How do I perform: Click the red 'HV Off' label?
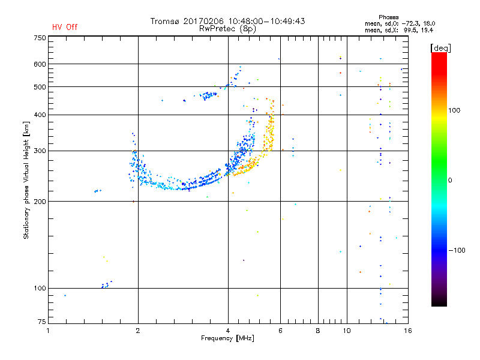[65, 27]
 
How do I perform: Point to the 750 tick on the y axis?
[40, 38]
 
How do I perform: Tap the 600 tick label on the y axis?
[40, 64]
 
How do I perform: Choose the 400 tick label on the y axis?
[40, 115]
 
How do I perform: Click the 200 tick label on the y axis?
[40, 201]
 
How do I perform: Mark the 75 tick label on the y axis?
[41, 323]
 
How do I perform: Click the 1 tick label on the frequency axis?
[49, 331]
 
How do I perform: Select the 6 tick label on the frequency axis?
[280, 331]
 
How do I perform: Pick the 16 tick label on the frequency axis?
[408, 331]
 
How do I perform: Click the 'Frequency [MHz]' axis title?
[228, 338]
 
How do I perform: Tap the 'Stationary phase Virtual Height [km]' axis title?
[26, 180]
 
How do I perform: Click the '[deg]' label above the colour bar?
[440, 47]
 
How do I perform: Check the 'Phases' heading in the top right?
[389, 17]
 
